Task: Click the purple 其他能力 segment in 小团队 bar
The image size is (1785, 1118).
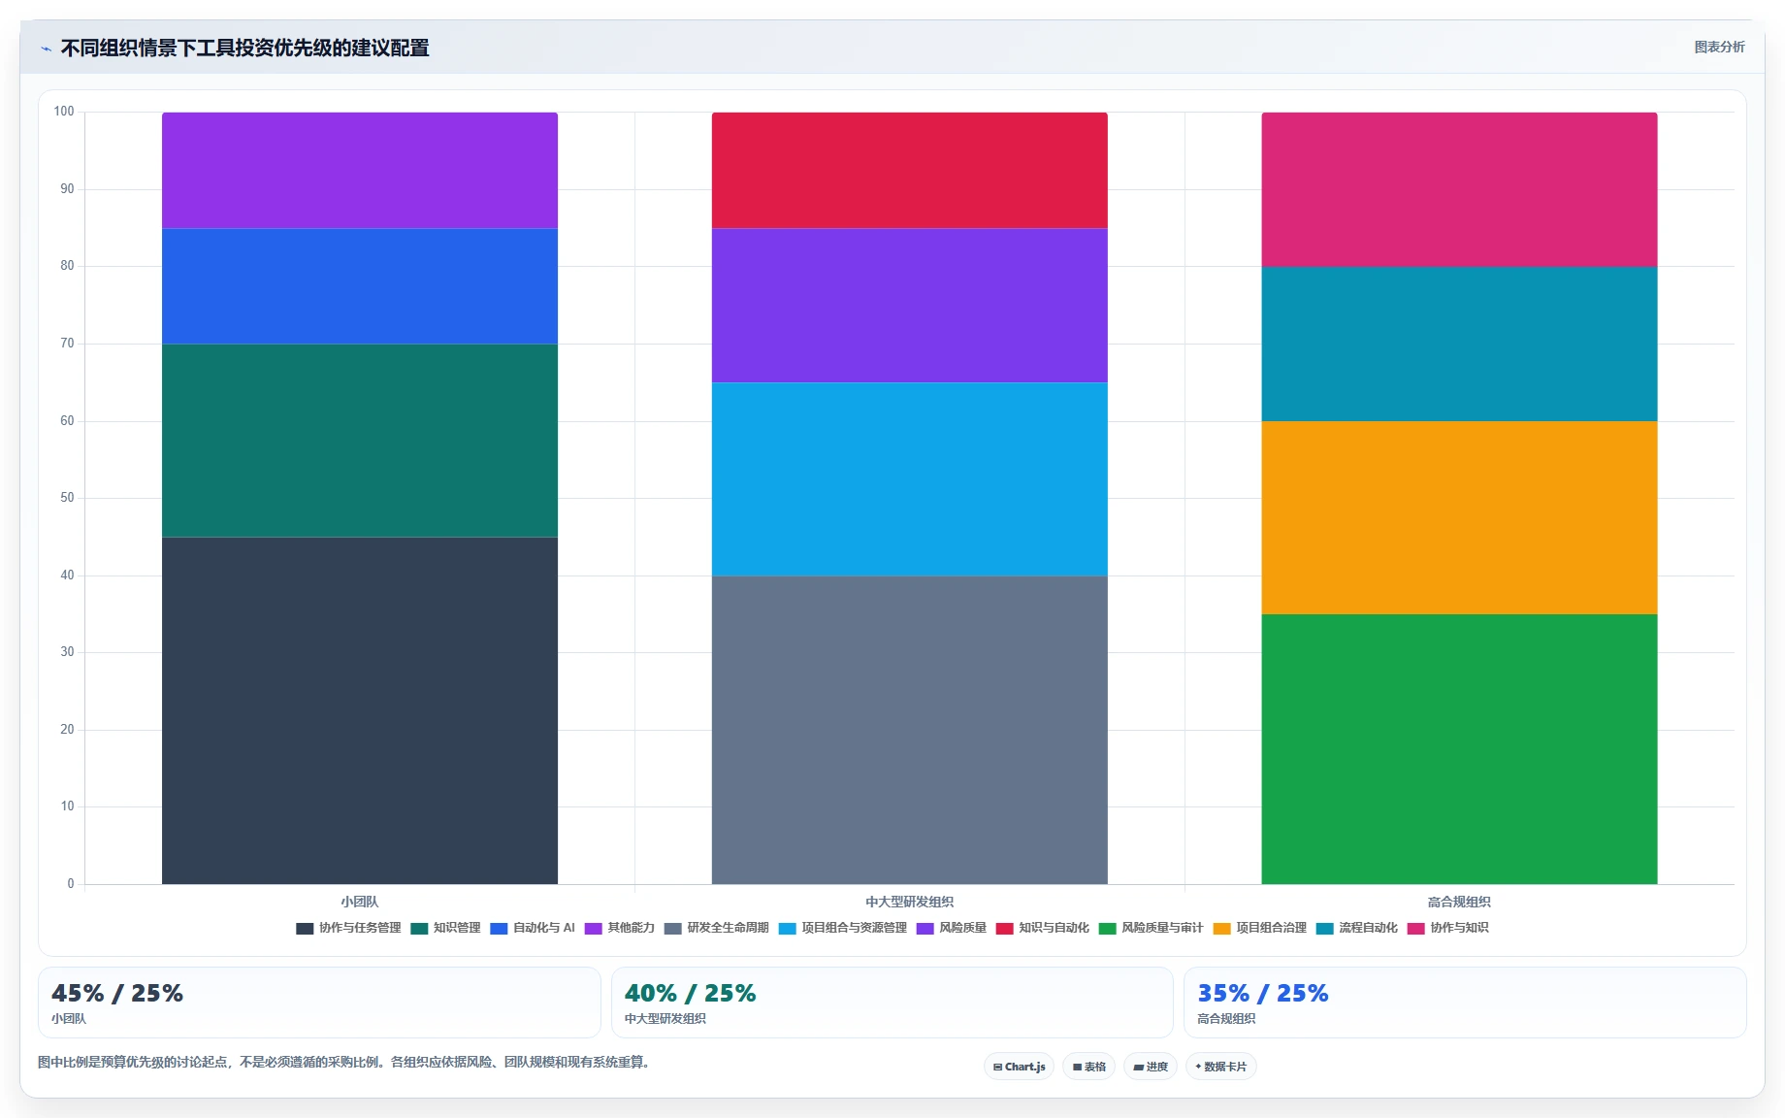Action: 360,170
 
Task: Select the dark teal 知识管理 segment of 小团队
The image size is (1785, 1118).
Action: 360,441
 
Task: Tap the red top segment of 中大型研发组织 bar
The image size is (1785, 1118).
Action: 910,170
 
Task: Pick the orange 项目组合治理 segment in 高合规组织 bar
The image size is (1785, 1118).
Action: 1459,517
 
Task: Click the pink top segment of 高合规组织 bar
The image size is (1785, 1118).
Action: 1459,189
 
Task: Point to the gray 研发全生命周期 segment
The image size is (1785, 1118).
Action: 910,730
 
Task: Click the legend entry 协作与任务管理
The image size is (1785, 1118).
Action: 349,928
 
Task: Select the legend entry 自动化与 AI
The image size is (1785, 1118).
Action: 533,928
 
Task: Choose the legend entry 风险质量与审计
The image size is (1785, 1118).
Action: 1152,928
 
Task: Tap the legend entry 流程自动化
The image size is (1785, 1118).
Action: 1357,928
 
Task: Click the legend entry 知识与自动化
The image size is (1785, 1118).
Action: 1043,928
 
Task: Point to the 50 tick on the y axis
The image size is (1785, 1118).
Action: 67,498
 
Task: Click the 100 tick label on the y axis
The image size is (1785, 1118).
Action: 64,112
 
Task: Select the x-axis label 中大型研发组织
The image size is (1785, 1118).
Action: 910,902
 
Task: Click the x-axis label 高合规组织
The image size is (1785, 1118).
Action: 1459,902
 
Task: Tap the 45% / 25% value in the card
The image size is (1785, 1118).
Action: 117,993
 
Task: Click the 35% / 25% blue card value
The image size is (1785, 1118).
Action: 1263,993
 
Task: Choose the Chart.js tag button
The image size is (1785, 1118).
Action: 1019,1067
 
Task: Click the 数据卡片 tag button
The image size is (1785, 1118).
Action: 1221,1067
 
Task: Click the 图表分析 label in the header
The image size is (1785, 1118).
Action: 1719,47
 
